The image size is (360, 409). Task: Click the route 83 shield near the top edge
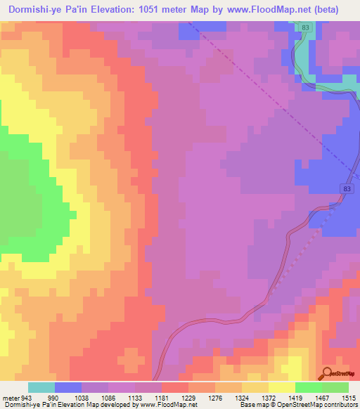point(304,27)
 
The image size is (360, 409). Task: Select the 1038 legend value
point(96,397)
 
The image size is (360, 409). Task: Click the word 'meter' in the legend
point(12,397)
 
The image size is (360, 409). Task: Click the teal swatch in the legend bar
point(41,387)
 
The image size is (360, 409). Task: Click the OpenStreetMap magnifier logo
point(326,372)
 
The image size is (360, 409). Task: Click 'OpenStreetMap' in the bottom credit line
point(334,405)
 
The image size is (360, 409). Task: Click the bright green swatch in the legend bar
point(309,387)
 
